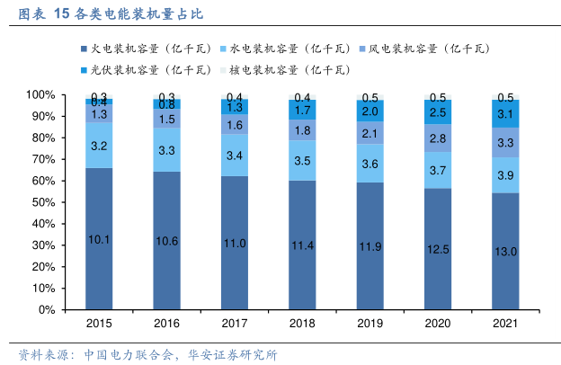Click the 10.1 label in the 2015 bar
click(x=99, y=239)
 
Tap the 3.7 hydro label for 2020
click(x=438, y=170)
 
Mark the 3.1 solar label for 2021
click(x=505, y=114)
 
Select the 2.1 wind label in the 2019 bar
click(x=370, y=134)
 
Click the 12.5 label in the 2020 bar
click(x=438, y=248)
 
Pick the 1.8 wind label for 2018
click(x=302, y=130)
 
